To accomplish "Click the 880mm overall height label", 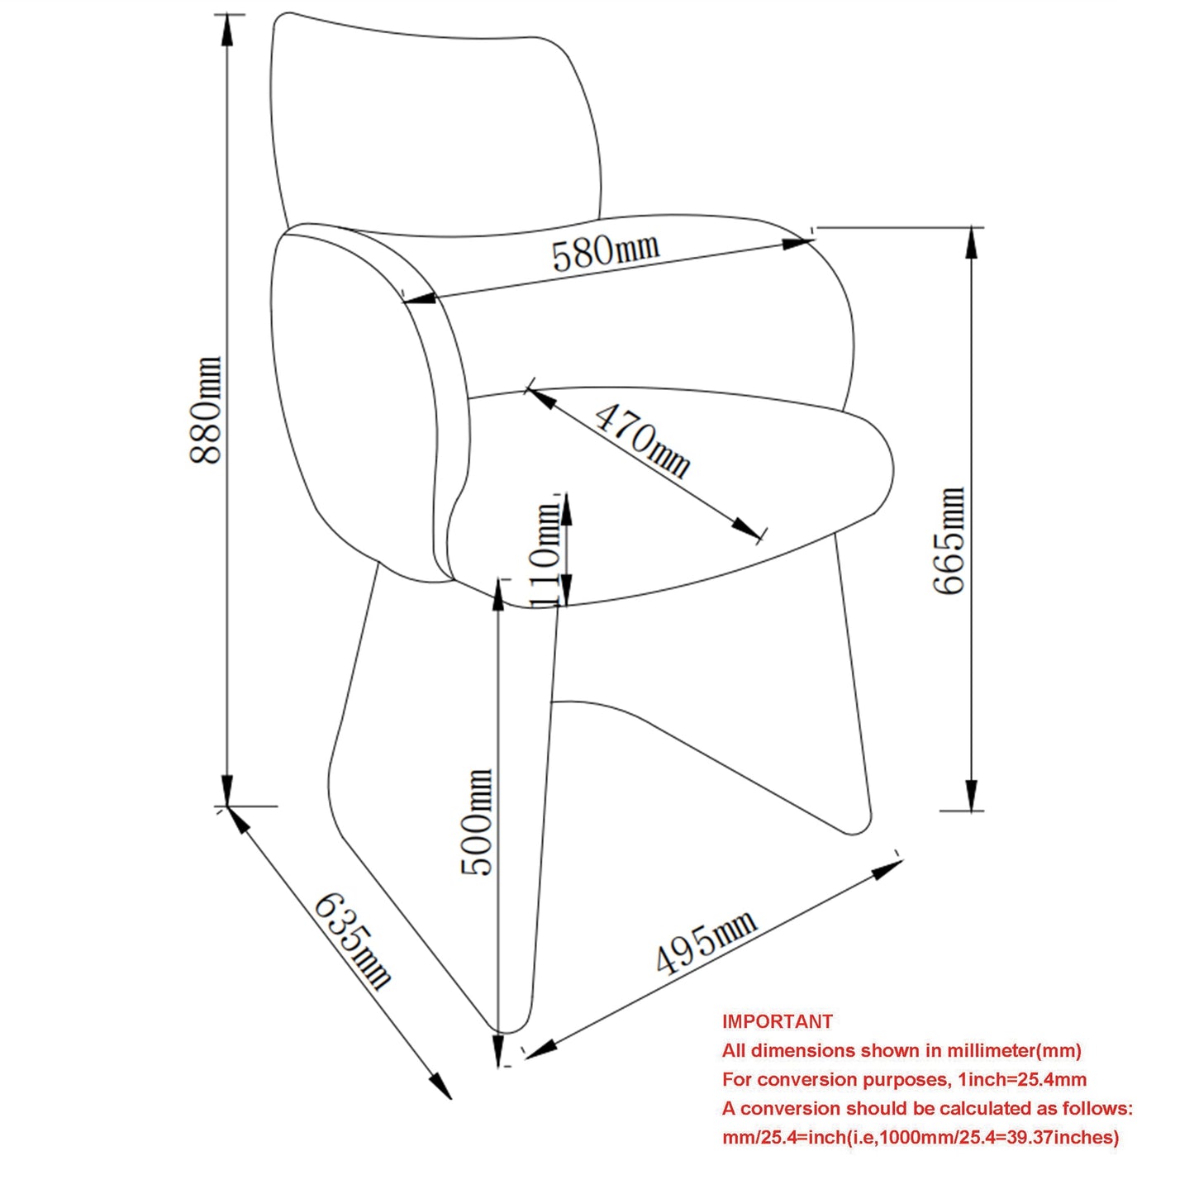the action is (x=205, y=410).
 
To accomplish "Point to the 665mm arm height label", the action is (x=949, y=540).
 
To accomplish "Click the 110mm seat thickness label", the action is (x=546, y=554).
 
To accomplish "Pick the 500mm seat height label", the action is (x=477, y=822).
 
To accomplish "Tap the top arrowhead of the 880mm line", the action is (x=227, y=29).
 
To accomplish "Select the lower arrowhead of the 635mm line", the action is (x=440, y=1085).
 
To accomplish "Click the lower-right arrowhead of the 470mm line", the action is (x=745, y=528).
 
